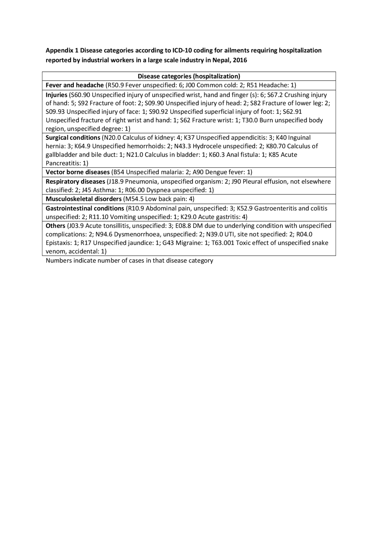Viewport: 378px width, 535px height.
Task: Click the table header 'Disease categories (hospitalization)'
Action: pos(189,76)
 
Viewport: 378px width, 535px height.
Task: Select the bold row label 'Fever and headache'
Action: pos(74,85)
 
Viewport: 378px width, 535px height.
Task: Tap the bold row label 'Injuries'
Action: pos(56,95)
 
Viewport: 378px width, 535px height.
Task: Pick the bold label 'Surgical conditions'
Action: pos(73,138)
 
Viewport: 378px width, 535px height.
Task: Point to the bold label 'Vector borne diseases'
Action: pos(77,172)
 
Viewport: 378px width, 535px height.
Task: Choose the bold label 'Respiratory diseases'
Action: pos(75,181)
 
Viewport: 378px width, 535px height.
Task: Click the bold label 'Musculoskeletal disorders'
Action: pos(83,199)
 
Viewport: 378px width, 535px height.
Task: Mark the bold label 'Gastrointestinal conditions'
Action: pos(85,208)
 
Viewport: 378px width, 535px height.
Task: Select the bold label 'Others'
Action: pos(55,226)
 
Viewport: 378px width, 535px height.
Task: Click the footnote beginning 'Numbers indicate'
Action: pos(129,261)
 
